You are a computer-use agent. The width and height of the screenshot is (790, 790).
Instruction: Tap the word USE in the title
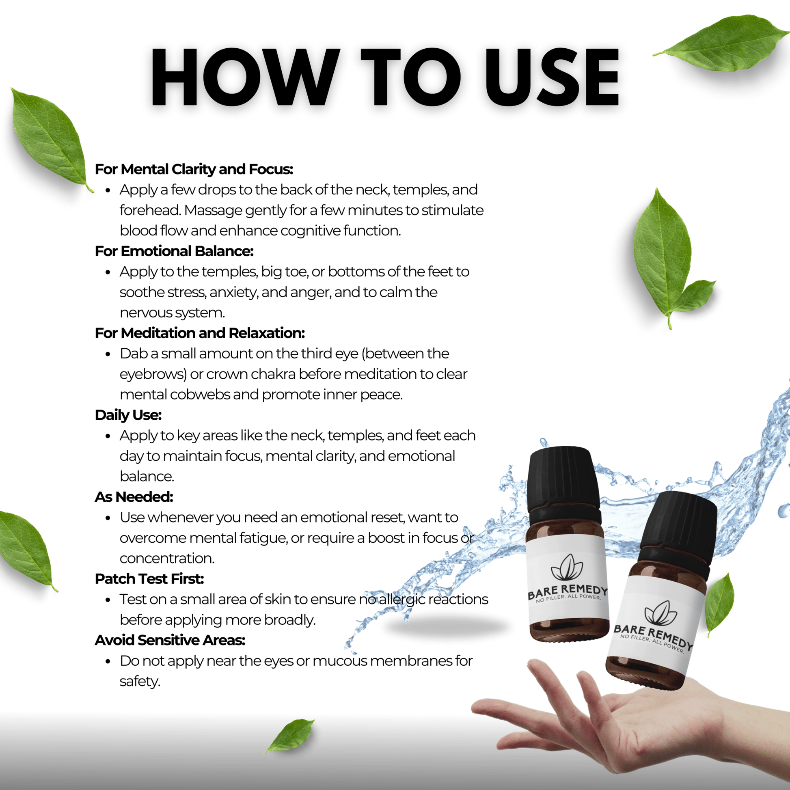click(x=552, y=77)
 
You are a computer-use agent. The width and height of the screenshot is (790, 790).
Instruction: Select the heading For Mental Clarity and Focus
click(x=194, y=169)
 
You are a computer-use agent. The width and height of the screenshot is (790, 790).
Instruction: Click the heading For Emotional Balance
click(x=174, y=250)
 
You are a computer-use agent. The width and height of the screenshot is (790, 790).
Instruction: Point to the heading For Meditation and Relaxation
click(x=200, y=333)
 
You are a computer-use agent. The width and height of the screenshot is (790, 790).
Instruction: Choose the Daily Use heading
click(x=128, y=415)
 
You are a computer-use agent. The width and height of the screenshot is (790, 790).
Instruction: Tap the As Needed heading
click(x=134, y=497)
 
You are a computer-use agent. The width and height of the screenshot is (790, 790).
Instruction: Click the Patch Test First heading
click(x=149, y=578)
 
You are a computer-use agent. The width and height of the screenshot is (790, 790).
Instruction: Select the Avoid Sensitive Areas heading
click(x=170, y=640)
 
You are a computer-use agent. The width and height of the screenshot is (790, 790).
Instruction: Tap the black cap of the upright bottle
click(x=563, y=482)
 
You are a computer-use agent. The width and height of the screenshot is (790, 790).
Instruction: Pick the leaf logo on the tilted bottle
click(x=660, y=613)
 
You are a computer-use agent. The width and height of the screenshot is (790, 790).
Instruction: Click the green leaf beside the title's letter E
click(x=721, y=43)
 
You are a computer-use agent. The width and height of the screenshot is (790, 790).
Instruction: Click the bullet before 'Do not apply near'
click(x=108, y=661)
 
